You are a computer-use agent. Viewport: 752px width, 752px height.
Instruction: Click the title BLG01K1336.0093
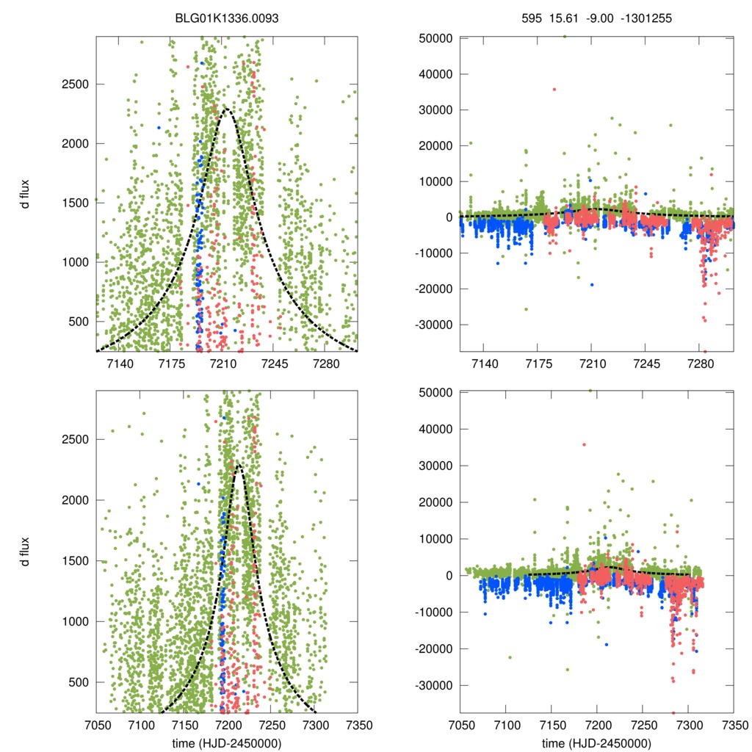pyautogui.click(x=226, y=18)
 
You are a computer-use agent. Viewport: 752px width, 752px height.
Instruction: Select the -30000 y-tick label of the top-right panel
pyautogui.click(x=437, y=325)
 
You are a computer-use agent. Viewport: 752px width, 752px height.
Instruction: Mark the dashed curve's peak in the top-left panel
pyautogui.click(x=225, y=109)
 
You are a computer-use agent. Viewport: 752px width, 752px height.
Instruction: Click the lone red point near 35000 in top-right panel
pyautogui.click(x=554, y=90)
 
